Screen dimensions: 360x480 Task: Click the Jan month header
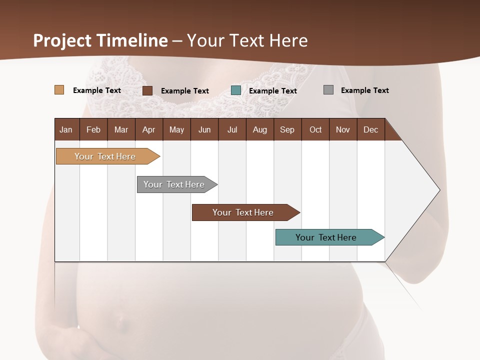tap(66, 129)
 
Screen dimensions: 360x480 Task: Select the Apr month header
tap(149, 129)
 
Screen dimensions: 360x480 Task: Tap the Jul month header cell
tap(232, 129)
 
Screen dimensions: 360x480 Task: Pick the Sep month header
tap(287, 129)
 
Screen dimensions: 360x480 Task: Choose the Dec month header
tap(370, 129)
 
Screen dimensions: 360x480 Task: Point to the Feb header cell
tap(93, 129)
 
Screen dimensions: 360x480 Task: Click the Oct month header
tap(315, 129)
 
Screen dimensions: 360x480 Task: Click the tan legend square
tap(59, 90)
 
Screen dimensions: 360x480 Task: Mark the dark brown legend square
tap(147, 90)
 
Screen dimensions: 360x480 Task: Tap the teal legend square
tap(236, 90)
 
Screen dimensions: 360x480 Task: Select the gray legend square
tap(328, 90)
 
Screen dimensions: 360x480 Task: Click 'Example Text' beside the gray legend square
tap(364, 90)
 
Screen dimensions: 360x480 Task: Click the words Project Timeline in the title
tap(100, 40)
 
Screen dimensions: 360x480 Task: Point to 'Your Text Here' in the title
tap(247, 40)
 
